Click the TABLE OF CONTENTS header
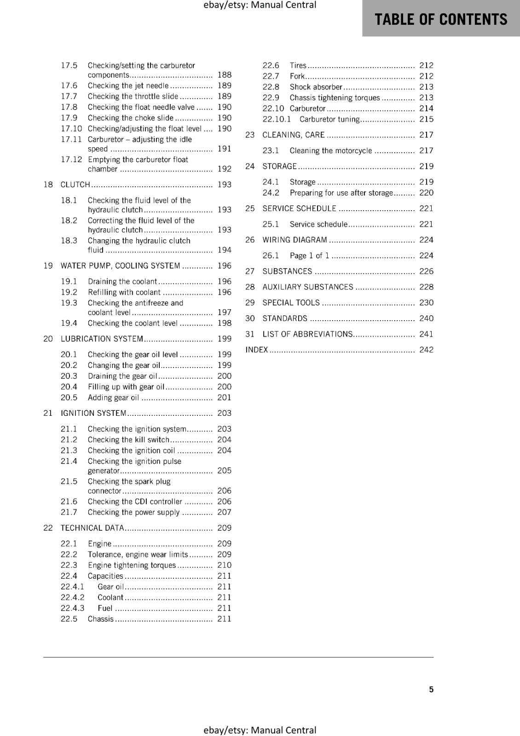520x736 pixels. [440, 19]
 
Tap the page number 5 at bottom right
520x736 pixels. [431, 689]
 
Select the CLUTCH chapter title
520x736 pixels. [75, 184]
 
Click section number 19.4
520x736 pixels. [69, 323]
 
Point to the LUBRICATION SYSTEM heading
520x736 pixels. [102, 339]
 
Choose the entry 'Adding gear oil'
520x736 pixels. [113, 397]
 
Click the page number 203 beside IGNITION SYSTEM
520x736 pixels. [224, 413]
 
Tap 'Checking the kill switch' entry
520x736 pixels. [128, 440]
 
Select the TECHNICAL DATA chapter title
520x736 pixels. [92, 528]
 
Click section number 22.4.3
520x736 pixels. [73, 608]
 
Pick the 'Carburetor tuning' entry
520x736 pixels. [329, 119]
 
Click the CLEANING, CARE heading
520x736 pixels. [293, 135]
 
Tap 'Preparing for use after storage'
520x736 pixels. [341, 193]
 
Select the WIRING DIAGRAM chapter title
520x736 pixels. [295, 240]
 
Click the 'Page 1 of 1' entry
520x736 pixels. [309, 255]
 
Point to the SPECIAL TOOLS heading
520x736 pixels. [291, 303]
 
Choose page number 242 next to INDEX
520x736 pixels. [426, 350]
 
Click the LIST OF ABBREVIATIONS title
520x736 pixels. [307, 334]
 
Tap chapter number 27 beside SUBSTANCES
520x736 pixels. [250, 271]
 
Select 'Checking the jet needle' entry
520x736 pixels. [128, 86]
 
